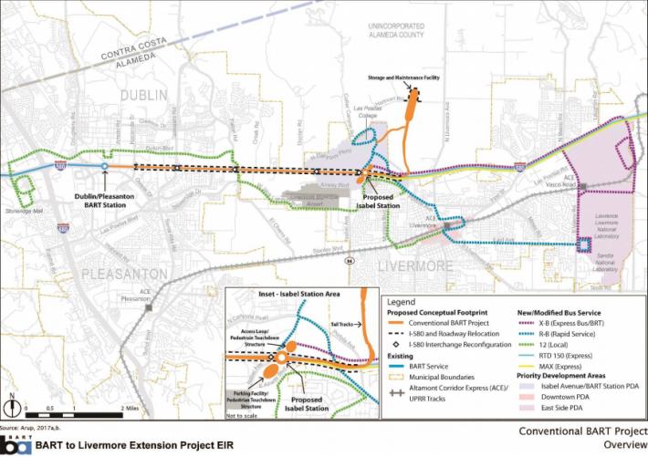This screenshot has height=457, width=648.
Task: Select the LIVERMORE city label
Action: pos(415,265)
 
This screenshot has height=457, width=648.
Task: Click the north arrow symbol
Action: pos(12,400)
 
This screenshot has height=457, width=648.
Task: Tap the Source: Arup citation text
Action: pos(29,427)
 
